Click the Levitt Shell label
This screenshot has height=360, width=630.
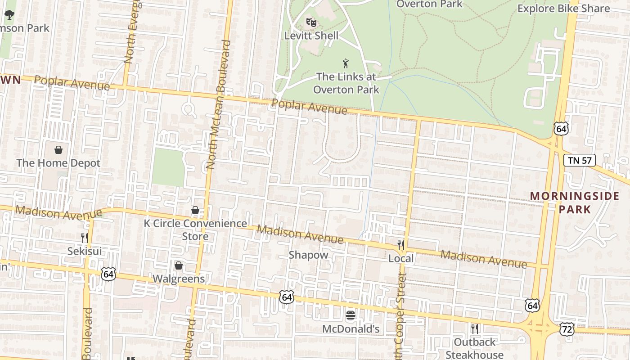(311, 36)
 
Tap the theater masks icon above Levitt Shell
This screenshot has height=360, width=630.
(311, 22)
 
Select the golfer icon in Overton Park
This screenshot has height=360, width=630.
(346, 63)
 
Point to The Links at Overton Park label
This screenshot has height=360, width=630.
(346, 83)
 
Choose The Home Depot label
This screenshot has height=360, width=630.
(58, 163)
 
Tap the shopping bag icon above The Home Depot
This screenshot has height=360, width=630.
(58, 150)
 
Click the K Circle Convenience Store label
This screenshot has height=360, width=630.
(195, 229)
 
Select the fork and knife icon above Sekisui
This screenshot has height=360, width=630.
(85, 238)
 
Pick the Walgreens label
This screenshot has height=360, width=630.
(179, 279)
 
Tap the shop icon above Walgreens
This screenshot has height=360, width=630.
(179, 265)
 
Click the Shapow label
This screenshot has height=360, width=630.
(308, 255)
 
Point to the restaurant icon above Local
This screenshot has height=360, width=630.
(400, 245)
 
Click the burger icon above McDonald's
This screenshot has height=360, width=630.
(351, 315)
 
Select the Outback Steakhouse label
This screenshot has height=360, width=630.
(474, 348)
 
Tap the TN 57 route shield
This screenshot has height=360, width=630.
(580, 160)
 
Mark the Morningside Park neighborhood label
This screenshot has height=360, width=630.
(575, 202)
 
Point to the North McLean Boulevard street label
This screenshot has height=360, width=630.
(218, 104)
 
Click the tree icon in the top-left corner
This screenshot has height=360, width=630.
(9, 15)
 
